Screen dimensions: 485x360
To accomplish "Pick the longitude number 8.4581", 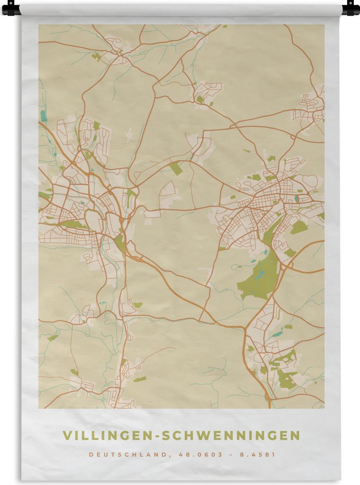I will (258, 454).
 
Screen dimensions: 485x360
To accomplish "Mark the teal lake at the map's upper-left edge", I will (44, 116).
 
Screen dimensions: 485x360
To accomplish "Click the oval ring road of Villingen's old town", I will (93, 221).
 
